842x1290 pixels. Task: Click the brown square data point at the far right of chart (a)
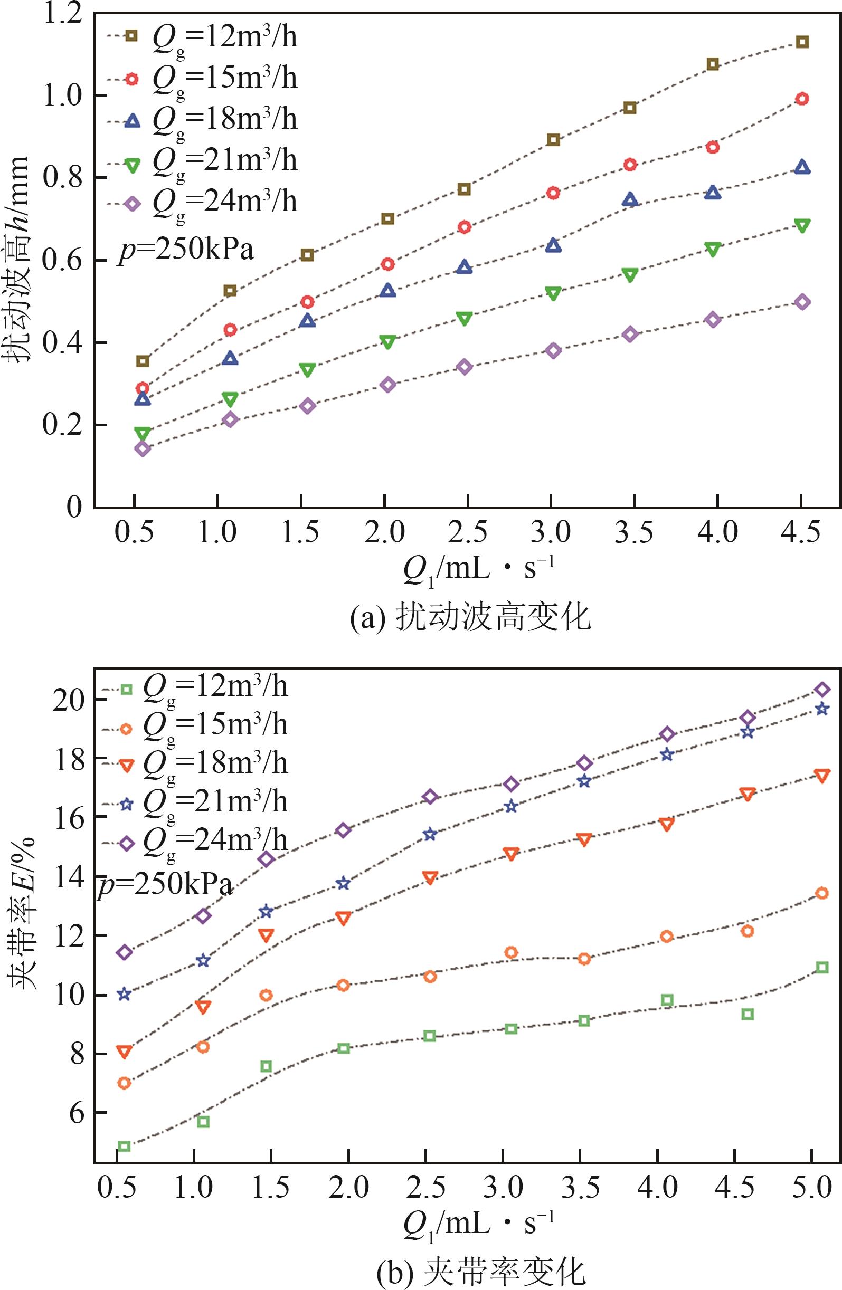click(802, 42)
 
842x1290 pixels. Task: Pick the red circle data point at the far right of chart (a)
click(802, 99)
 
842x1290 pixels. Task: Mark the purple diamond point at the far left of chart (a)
click(142, 449)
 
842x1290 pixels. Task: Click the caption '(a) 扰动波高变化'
click(470, 618)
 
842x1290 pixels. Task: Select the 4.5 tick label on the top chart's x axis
click(800, 533)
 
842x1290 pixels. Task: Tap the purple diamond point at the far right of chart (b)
click(822, 690)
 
